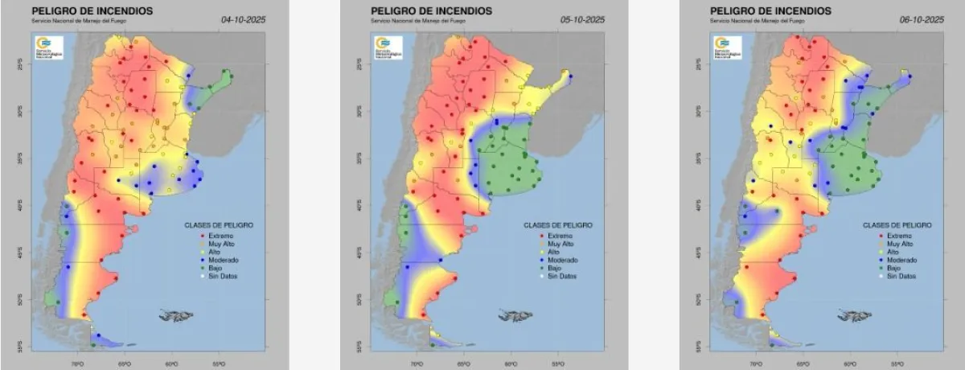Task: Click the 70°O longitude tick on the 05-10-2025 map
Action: (416, 364)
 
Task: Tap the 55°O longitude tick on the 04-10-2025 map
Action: (218, 364)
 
